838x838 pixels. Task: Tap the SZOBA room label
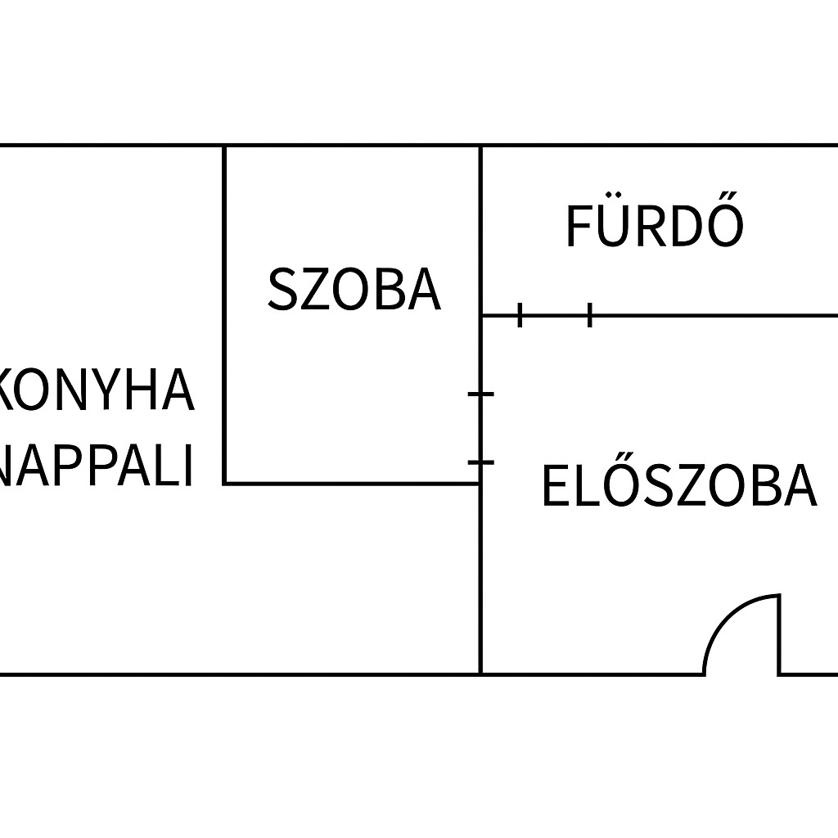point(354,289)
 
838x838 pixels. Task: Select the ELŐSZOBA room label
point(678,485)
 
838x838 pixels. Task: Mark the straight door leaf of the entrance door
point(778,634)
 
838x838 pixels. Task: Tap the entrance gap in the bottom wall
point(741,674)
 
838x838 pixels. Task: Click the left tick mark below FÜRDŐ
point(520,314)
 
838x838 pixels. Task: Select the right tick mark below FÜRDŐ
point(590,314)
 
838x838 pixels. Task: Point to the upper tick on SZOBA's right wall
point(481,394)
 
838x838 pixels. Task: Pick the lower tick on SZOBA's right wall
point(481,462)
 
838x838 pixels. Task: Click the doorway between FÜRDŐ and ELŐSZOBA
point(555,315)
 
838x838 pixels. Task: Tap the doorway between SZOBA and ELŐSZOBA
point(480,429)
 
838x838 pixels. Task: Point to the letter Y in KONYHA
point(103,390)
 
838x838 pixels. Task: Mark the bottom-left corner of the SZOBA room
point(225,483)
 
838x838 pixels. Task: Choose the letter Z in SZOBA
point(313,289)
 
